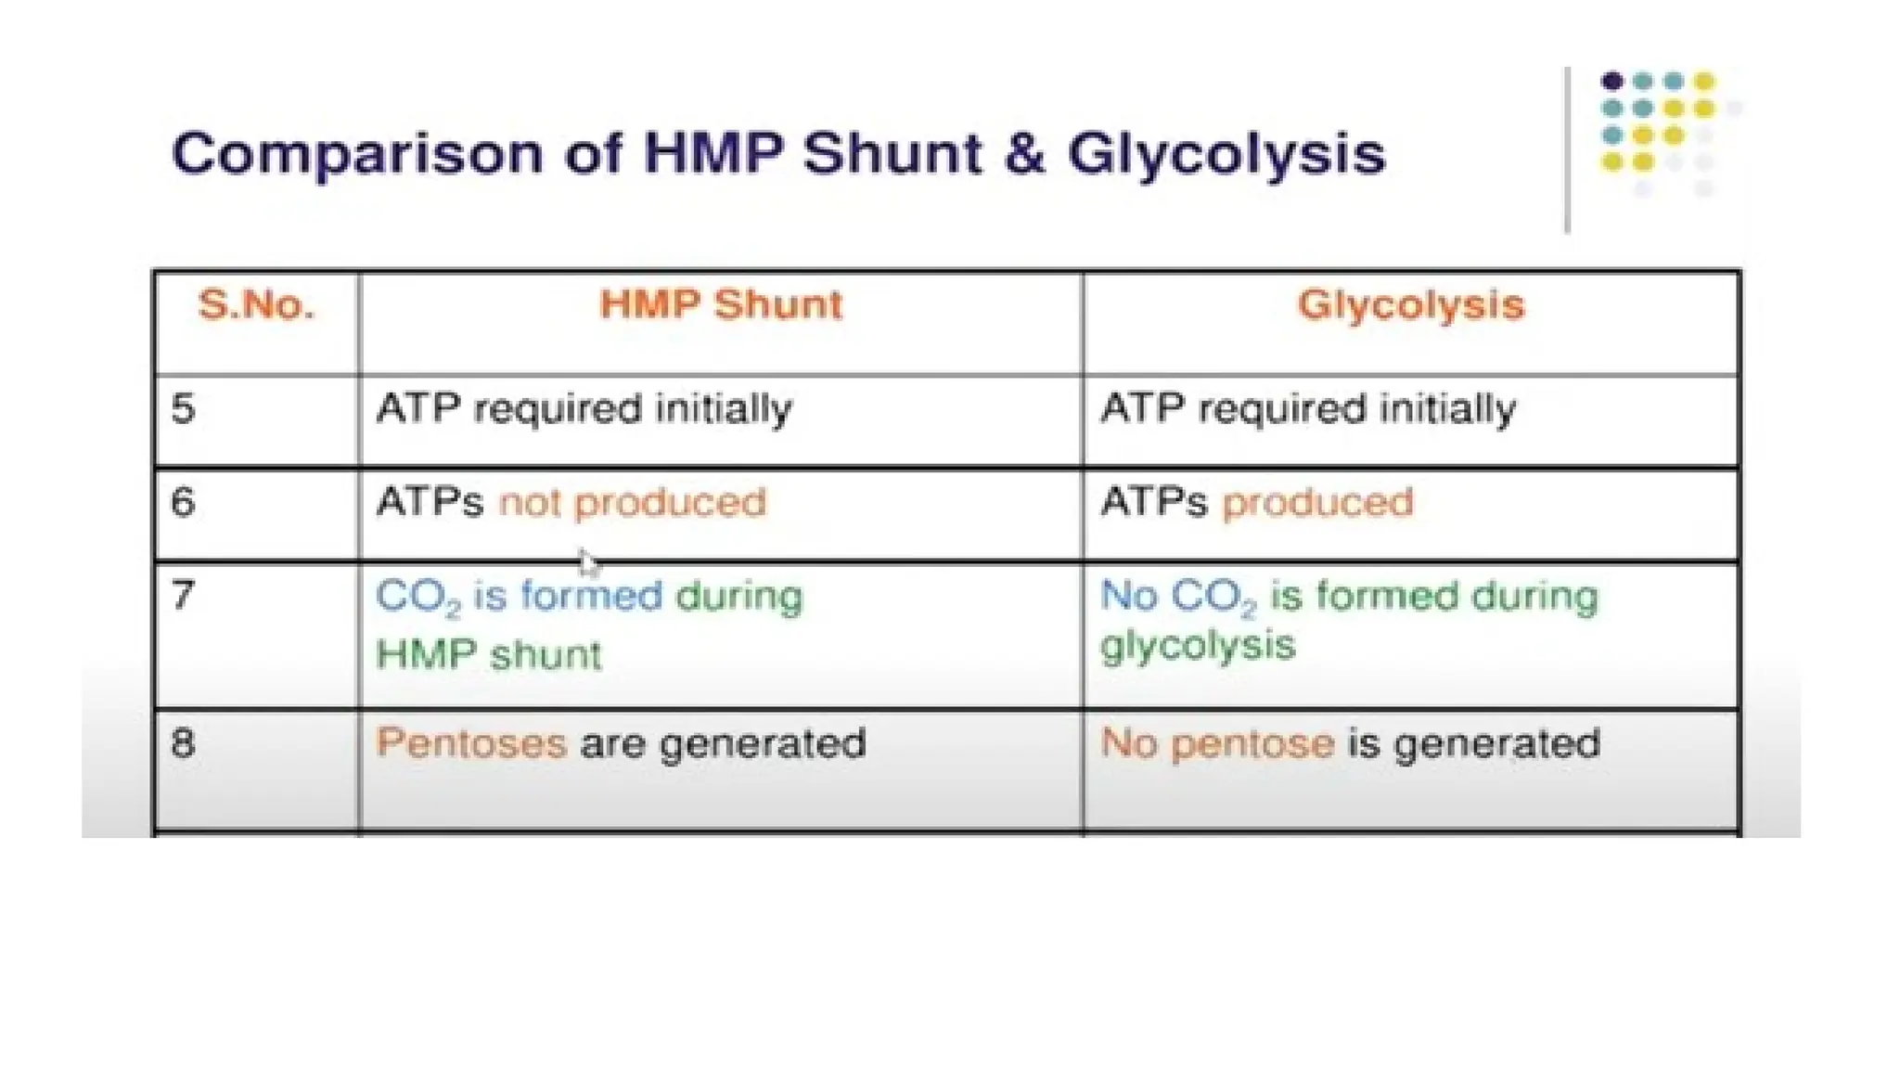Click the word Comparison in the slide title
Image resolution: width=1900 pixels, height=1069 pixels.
point(356,154)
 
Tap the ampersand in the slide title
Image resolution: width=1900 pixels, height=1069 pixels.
point(1023,154)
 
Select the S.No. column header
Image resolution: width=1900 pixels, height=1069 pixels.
point(256,305)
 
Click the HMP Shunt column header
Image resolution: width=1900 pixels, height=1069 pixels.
point(721,305)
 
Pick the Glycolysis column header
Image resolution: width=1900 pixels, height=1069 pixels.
point(1410,305)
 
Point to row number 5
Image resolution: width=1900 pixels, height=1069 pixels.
point(184,409)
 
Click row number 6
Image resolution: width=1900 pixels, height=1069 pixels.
point(184,503)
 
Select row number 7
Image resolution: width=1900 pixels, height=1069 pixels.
point(184,595)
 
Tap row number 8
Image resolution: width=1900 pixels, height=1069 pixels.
point(184,743)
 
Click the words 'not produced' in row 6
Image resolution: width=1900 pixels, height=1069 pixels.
point(633,503)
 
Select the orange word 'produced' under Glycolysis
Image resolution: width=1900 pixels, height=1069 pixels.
point(1317,503)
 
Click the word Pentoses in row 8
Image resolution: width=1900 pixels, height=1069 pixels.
point(471,743)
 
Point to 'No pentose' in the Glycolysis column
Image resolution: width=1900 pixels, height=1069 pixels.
point(1217,743)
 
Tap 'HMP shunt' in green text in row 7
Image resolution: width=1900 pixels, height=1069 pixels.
point(489,655)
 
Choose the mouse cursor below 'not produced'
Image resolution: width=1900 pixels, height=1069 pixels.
point(588,562)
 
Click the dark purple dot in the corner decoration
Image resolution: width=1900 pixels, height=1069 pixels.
point(1612,82)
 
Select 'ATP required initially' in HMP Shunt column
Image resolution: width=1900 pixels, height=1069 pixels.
point(584,409)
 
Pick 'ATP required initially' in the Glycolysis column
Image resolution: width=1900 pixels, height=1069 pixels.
point(1308,409)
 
